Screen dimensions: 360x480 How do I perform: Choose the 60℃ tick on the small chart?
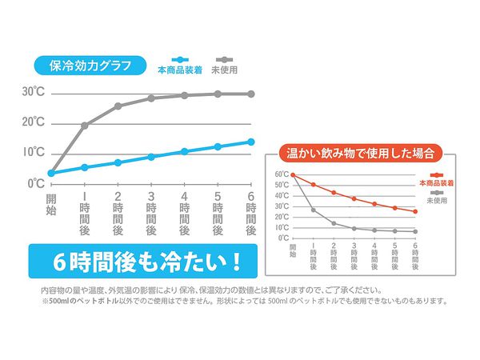point(281,174)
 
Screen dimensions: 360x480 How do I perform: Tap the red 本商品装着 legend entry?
point(436,183)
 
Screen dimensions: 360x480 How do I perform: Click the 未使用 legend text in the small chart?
point(437,200)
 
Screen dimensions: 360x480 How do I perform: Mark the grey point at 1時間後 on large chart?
point(84,125)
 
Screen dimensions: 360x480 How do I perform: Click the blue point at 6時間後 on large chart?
point(250,142)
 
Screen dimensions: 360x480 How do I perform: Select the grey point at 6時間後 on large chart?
point(250,94)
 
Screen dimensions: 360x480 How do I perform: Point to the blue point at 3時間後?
point(150,157)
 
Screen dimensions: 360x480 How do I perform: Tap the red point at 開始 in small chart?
point(293,174)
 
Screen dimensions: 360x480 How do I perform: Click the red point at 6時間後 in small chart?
point(415,211)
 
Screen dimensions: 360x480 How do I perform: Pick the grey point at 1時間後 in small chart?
point(313,210)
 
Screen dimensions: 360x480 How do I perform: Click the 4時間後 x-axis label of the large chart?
point(184,213)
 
